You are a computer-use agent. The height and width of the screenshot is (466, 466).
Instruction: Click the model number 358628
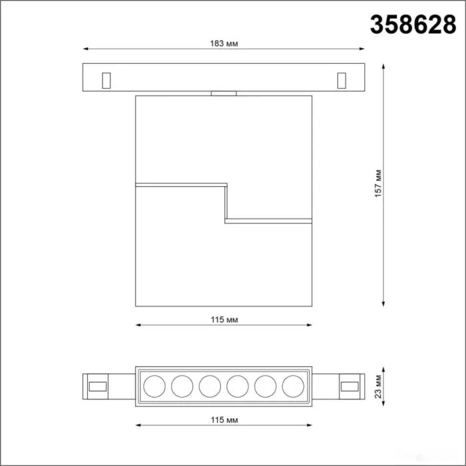[x=413, y=25]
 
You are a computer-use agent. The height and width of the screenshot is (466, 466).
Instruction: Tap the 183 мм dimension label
[x=224, y=44]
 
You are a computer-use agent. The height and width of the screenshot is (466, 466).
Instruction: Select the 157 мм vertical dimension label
[x=378, y=183]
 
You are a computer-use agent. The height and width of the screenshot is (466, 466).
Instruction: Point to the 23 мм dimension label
[x=378, y=386]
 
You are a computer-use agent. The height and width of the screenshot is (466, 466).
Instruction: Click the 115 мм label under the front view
[x=224, y=320]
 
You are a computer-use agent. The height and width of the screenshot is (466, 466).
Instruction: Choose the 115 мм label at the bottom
[x=224, y=420]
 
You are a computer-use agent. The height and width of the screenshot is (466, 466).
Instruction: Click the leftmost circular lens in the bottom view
[x=154, y=386]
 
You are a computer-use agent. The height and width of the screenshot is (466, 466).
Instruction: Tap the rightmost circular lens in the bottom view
[x=293, y=386]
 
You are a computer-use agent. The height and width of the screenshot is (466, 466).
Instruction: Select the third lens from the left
[x=210, y=386]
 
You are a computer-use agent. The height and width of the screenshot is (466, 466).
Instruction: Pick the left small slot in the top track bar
[x=106, y=81]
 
